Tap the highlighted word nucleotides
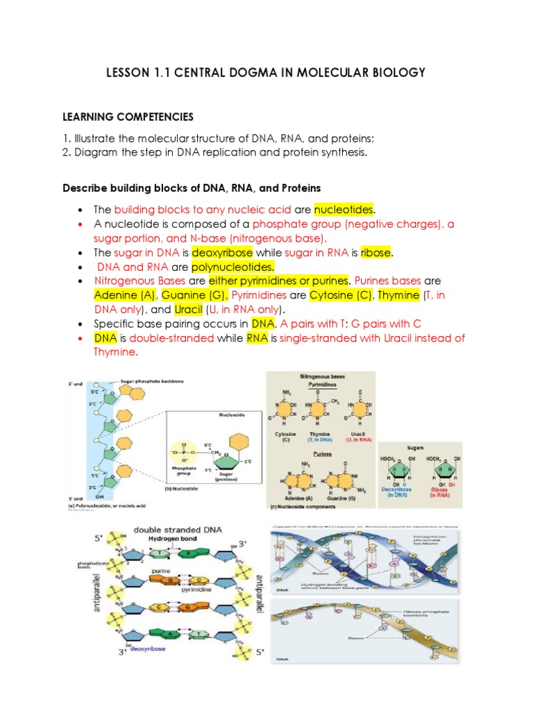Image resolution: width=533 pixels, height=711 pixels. pyautogui.click(x=344, y=209)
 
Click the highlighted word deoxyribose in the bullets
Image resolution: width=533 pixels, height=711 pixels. pyautogui.click(x=223, y=252)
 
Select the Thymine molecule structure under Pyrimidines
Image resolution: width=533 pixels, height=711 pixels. pyautogui.click(x=319, y=410)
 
